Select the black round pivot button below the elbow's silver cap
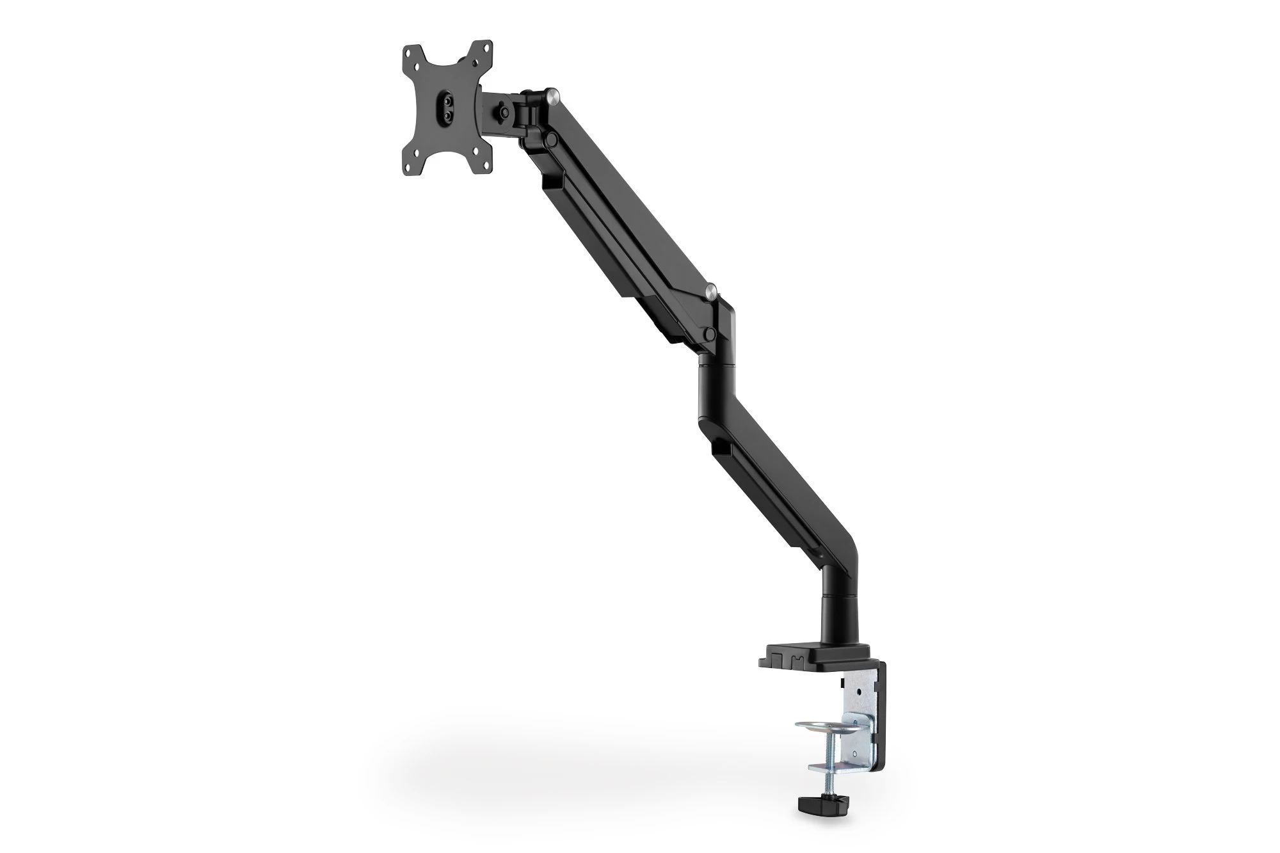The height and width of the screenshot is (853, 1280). [708, 333]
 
